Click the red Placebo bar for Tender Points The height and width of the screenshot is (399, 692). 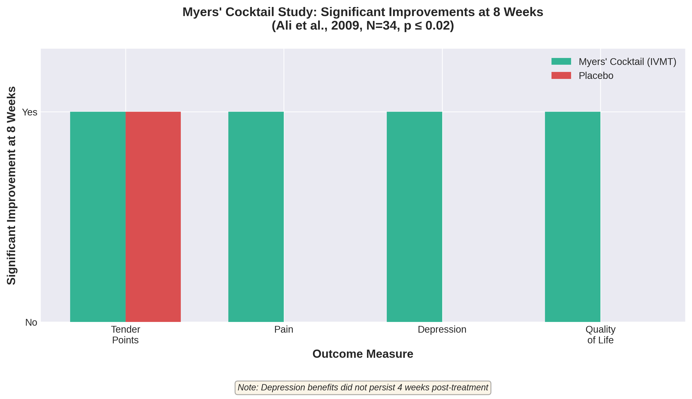pos(153,216)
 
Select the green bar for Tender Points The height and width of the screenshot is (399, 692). pos(98,216)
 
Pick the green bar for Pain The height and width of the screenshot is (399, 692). pos(256,216)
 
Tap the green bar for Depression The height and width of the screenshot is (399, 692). pos(414,216)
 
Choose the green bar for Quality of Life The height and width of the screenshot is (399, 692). pos(572,216)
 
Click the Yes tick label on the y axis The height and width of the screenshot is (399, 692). pos(30,112)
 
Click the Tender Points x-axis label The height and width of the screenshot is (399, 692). pos(125,335)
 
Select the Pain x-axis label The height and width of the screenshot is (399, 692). pos(284,329)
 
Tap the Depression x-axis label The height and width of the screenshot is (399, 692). pos(442,329)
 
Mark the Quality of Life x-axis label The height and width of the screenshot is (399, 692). pos(600,335)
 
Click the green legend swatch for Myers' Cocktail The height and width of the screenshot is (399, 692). pos(561,61)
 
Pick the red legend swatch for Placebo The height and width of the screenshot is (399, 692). pos(561,75)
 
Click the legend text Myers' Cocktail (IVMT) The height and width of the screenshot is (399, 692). pos(627,62)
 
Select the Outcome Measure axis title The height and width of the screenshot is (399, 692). pos(363,354)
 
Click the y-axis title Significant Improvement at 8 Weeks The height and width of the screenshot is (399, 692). pos(11,186)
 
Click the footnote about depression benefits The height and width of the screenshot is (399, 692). pos(363,388)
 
